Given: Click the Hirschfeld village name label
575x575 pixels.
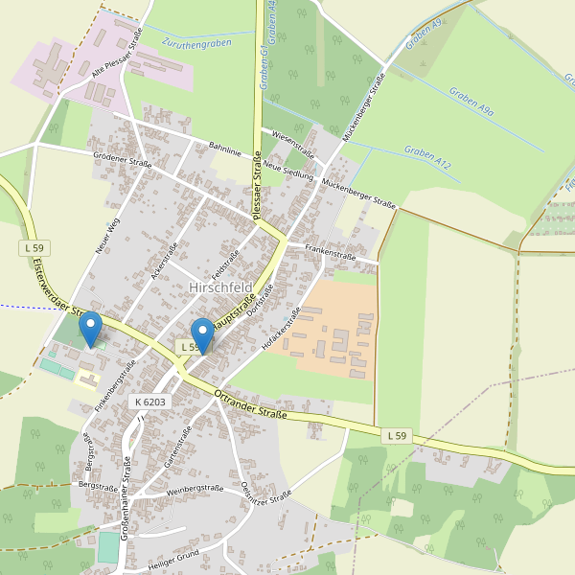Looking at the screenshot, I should click(220, 287).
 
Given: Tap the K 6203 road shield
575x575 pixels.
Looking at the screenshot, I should click(151, 402).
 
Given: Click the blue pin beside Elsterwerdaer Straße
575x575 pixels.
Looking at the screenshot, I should click(90, 329).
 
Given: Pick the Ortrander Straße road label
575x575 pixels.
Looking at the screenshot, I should click(251, 402).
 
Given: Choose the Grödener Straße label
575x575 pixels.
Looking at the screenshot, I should click(123, 159).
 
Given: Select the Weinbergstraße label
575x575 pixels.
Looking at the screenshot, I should click(195, 489).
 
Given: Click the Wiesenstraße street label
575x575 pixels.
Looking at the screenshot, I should click(293, 142).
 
